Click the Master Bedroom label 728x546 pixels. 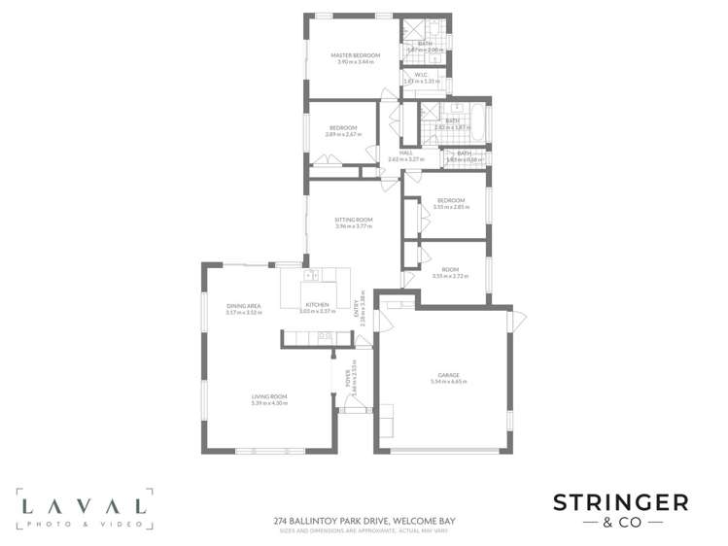tap(354, 55)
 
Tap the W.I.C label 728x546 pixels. tap(421, 74)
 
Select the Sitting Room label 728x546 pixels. tap(354, 220)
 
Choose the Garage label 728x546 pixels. tap(448, 375)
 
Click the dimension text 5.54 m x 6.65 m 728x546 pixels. tap(448, 382)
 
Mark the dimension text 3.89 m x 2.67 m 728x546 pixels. tap(343, 135)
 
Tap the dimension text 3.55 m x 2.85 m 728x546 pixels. tap(450, 207)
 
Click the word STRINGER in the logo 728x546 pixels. tap(620, 502)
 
